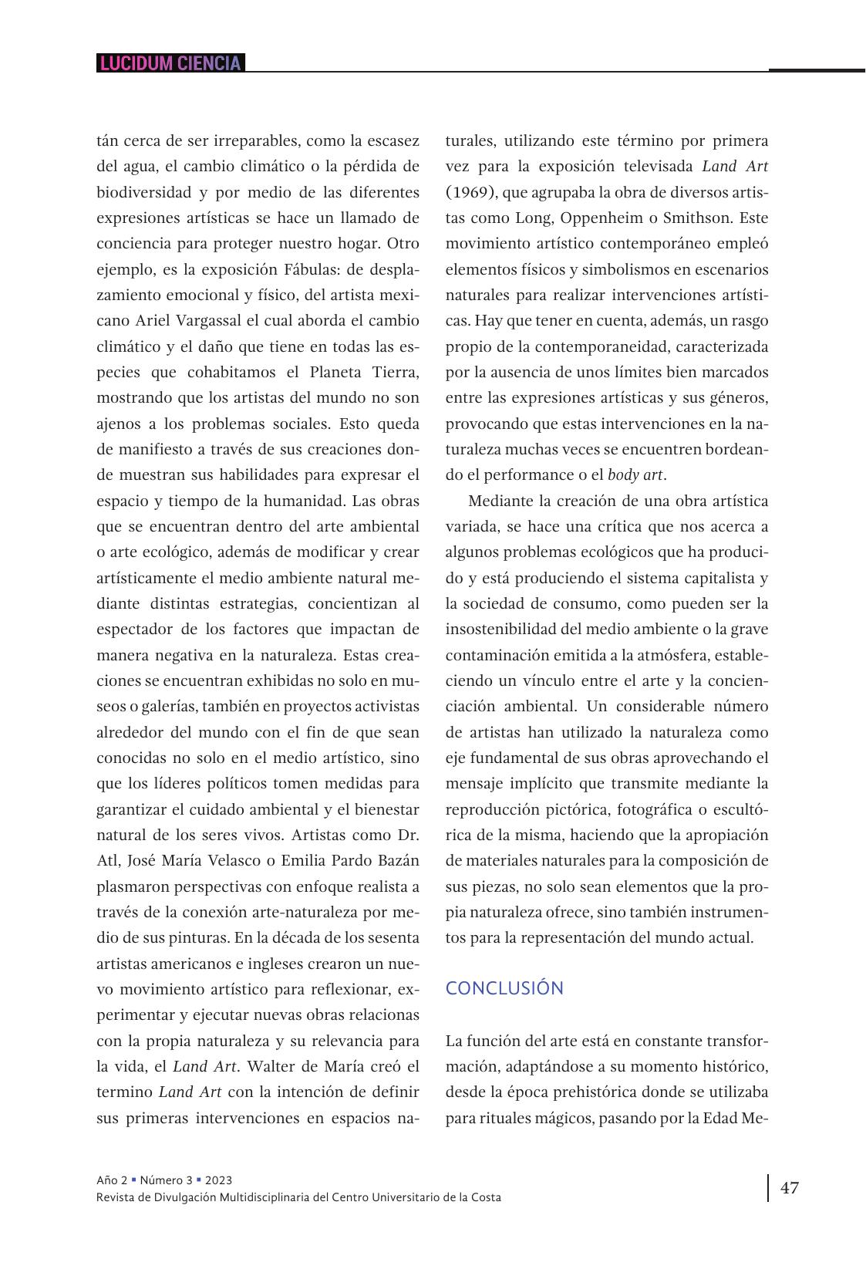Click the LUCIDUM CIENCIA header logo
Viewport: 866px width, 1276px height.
(170, 63)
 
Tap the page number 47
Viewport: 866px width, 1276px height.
(789, 1187)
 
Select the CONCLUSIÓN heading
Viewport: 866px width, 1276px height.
(504, 988)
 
